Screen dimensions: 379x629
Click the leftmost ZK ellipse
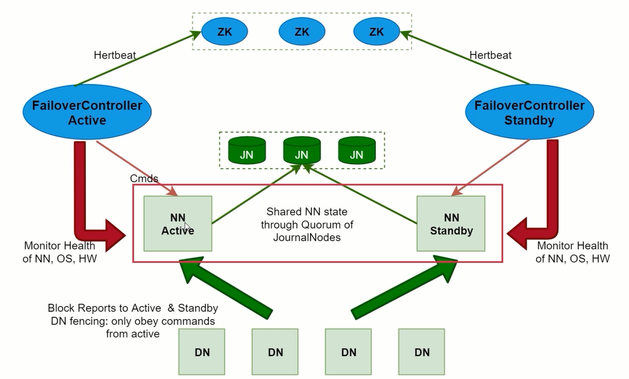pyautogui.click(x=224, y=32)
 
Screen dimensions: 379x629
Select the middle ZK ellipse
pyautogui.click(x=301, y=32)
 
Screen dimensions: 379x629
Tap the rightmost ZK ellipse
pyautogui.click(x=377, y=32)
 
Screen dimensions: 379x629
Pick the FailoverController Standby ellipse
pyautogui.click(x=529, y=113)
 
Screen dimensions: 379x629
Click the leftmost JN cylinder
pyautogui.click(x=246, y=151)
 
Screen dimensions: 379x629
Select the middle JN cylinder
pyautogui.click(x=301, y=151)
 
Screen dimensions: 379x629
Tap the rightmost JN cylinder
pyautogui.click(x=356, y=151)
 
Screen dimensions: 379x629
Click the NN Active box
pyautogui.click(x=177, y=224)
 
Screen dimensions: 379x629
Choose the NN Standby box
pyautogui.click(x=451, y=224)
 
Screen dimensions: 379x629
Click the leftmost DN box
pyautogui.click(x=201, y=352)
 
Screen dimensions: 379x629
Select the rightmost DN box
pyautogui.click(x=421, y=352)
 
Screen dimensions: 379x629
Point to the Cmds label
pyautogui.click(x=144, y=179)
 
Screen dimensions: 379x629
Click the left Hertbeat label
pyautogui.click(x=114, y=56)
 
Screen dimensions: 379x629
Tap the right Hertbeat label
pyautogui.click(x=490, y=56)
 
